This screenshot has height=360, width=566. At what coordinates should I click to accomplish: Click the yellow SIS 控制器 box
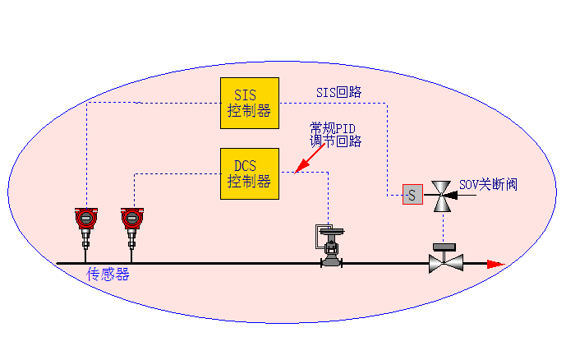point(250,103)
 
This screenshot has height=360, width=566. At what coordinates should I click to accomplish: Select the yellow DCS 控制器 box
point(250,173)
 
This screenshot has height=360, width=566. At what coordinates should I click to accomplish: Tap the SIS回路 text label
point(339,92)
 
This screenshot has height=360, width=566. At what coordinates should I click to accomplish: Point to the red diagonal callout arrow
point(311,159)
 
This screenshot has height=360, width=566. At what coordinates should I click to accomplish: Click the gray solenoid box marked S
point(412,195)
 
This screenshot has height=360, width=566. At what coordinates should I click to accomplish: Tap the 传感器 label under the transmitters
point(108,275)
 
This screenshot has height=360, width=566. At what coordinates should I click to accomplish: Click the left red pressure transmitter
point(85,218)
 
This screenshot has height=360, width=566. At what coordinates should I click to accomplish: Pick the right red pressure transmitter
point(131,218)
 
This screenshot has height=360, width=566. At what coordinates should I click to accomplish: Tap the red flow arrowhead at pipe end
point(495,264)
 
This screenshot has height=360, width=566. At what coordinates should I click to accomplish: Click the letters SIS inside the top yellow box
point(246,95)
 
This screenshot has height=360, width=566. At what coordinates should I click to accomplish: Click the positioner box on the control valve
point(322,235)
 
